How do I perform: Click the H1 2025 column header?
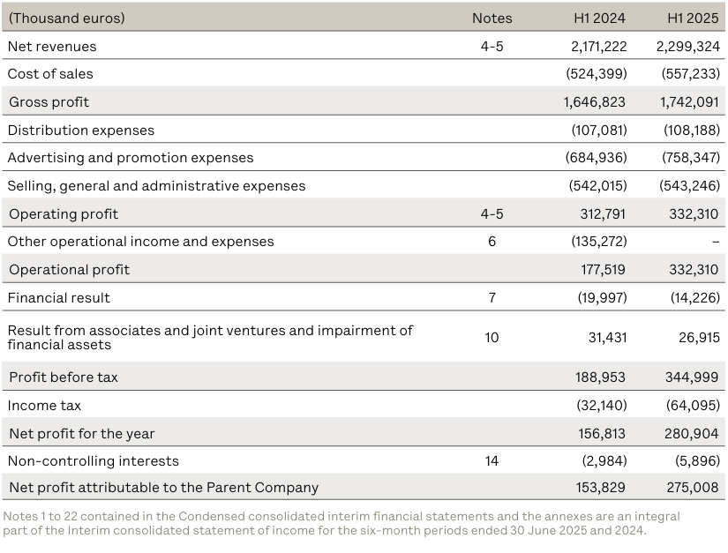point(694,18)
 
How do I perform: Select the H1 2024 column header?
point(600,18)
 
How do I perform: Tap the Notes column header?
point(492,18)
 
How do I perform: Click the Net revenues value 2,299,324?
point(687,46)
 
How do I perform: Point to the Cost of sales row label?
point(50,74)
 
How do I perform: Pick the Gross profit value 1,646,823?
point(595,102)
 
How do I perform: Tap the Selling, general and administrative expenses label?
point(156,186)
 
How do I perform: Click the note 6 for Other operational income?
point(492,242)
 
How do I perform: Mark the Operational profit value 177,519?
point(602,270)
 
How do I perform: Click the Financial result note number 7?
point(492,298)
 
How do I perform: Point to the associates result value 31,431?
point(607,338)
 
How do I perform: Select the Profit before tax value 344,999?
point(692,377)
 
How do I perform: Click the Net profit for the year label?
point(81,434)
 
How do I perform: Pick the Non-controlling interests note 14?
point(492,461)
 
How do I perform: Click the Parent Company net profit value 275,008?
point(692,488)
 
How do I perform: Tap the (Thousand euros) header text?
point(66,18)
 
